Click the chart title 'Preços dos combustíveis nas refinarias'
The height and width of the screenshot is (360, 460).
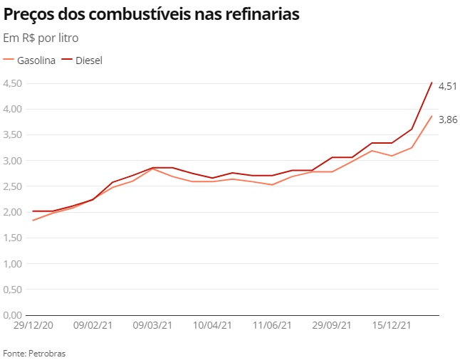pos(151,14)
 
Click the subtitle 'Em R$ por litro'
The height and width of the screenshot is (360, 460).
pos(41,37)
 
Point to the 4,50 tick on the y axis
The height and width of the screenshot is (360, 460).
pos(12,83)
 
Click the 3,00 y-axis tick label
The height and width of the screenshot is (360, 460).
pos(12,161)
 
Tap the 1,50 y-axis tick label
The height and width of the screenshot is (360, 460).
pos(12,238)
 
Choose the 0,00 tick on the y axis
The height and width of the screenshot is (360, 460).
pos(12,315)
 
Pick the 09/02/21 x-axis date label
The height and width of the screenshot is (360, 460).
pos(93,325)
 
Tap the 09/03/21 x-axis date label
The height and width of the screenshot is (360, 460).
pos(152,325)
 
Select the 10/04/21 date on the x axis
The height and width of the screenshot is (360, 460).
pos(212,325)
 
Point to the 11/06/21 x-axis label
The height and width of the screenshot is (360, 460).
pos(272,325)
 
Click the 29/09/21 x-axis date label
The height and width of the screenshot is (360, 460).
pos(332,325)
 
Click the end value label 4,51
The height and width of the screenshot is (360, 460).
pos(447,86)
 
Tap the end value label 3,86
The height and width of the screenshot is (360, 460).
pos(447,120)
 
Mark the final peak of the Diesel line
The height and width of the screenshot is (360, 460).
pos(432,83)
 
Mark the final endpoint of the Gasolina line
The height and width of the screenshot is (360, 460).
pos(432,116)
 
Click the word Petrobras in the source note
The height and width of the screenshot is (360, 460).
pos(47,353)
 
